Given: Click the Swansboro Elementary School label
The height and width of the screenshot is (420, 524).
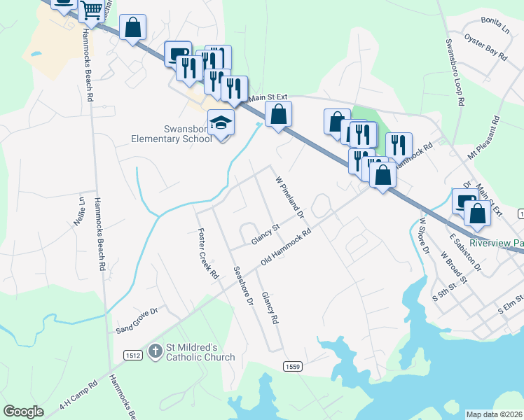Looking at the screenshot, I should click(x=172, y=134).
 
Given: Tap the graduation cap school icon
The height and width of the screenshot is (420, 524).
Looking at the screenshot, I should click(x=221, y=124).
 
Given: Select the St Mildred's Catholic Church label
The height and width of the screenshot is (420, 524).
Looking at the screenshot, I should click(x=200, y=352).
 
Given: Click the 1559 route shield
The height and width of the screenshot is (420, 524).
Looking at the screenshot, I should click(x=294, y=366).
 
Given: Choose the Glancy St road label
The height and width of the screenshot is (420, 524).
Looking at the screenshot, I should click(x=266, y=235).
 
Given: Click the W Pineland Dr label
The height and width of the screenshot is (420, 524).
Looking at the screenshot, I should click(x=289, y=195).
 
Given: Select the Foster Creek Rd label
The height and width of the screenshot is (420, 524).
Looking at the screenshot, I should click(x=209, y=253).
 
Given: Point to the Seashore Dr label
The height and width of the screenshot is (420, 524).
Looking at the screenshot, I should click(x=242, y=286).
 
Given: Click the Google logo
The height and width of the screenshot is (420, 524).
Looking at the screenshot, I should click(x=23, y=412).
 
